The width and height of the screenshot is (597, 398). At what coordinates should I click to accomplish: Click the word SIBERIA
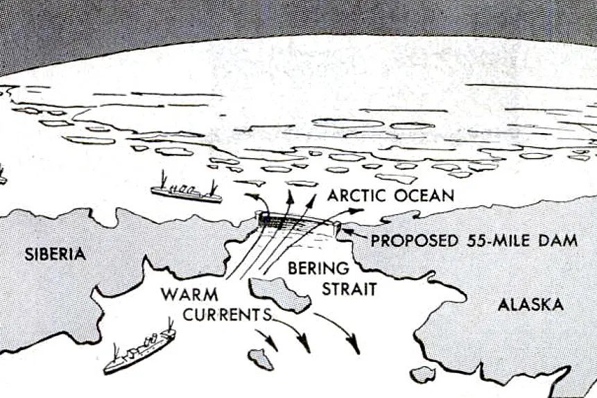pos(55,254)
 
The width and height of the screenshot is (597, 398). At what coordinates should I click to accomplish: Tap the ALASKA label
pos(531,304)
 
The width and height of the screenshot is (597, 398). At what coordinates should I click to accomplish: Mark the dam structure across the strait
pos(298,221)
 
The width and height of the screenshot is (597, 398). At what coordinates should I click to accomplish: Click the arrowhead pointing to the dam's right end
pos(348,232)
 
